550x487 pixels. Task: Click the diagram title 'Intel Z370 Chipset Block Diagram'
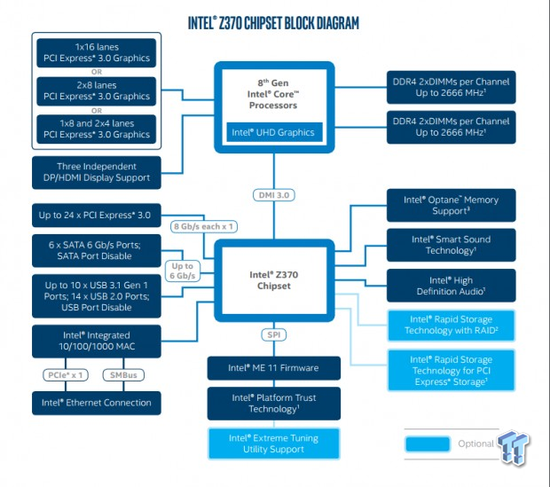tap(273, 23)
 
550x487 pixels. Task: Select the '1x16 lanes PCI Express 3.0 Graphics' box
tap(97, 52)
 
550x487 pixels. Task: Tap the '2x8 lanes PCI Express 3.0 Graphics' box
tap(97, 91)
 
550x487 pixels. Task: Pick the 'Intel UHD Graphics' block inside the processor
tap(274, 132)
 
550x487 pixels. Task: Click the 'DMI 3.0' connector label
tap(274, 195)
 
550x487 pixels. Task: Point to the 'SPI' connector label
tap(274, 334)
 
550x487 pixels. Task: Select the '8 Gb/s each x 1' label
tap(204, 226)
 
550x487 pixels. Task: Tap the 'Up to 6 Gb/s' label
tap(183, 271)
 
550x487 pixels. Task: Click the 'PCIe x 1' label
tap(66, 375)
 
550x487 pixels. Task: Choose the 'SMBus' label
tap(123, 375)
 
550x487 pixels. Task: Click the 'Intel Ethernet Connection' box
tap(97, 403)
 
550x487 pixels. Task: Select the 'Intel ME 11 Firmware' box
tap(274, 368)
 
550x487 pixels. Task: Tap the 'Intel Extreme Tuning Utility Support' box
tap(274, 444)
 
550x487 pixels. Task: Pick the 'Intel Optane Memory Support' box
tap(451, 205)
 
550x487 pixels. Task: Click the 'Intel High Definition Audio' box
tap(451, 286)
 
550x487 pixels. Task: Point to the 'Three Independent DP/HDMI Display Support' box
tap(97, 172)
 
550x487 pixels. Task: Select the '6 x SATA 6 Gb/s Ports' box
tap(97, 250)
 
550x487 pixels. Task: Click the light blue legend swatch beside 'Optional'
tap(428, 444)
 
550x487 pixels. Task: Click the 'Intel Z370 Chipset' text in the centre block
tap(274, 280)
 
